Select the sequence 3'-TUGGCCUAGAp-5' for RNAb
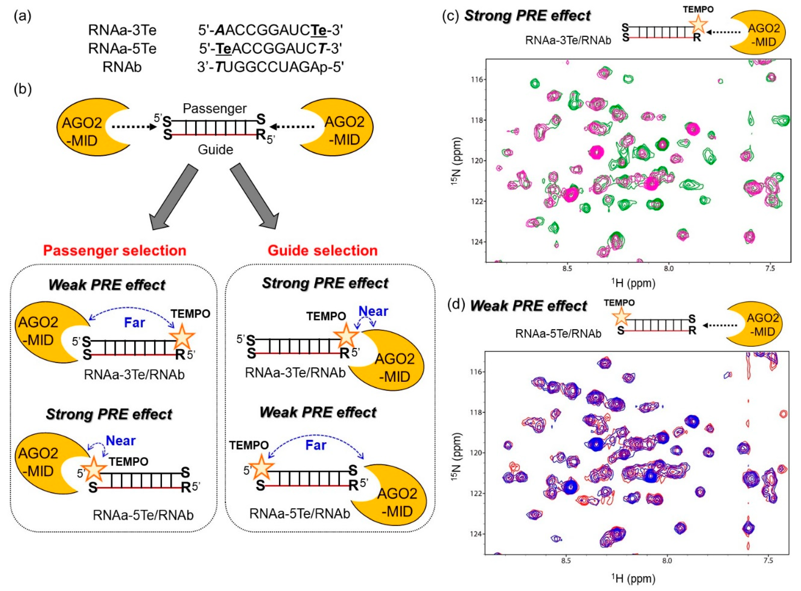[x=270, y=67]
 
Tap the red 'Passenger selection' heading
[x=115, y=250]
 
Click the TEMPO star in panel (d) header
[x=621, y=317]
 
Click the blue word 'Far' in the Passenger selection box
[x=134, y=323]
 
